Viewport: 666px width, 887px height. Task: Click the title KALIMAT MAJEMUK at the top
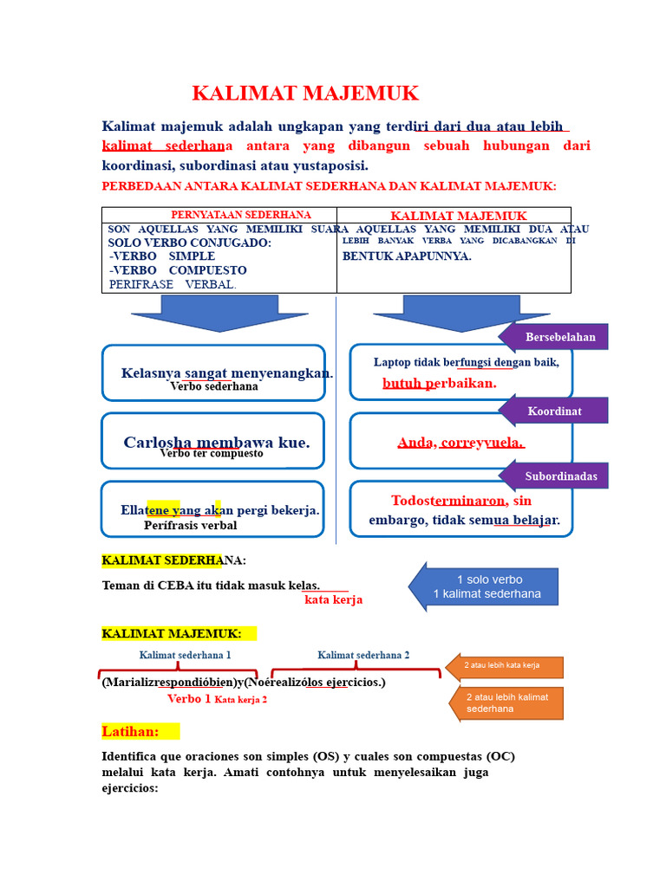304,94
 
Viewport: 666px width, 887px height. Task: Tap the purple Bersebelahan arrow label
558,337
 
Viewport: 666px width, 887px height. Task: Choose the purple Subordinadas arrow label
558,476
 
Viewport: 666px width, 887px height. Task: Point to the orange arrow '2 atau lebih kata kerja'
506,666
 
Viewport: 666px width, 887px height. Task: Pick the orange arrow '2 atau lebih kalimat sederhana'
508,702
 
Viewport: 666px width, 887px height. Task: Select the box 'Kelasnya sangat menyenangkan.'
213,372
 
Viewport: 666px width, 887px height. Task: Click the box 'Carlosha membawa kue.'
213,441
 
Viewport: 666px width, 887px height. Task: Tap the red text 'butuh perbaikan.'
439,383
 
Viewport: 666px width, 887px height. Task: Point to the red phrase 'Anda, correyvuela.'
460,443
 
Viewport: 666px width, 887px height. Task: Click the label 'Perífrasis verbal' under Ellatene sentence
190,525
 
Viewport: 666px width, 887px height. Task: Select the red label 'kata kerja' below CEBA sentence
333,599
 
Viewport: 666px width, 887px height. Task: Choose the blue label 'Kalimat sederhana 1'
185,655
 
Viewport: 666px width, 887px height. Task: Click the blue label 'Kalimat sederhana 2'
363,655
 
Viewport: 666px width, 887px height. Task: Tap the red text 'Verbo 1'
189,698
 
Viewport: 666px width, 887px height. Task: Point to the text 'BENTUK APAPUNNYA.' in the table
407,256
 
